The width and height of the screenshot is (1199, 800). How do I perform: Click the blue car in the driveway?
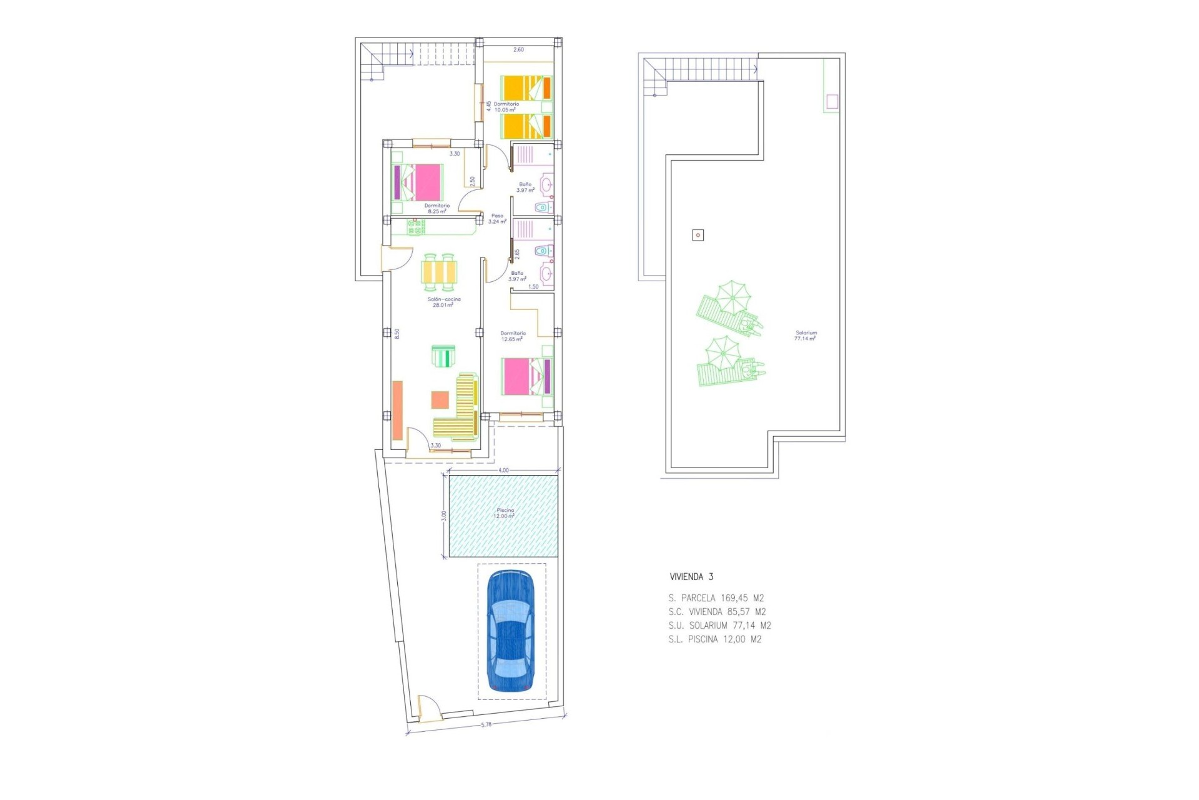coord(510,631)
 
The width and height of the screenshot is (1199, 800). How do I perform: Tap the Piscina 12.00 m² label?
coord(505,513)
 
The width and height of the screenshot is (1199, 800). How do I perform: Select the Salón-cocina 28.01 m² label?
coord(443,302)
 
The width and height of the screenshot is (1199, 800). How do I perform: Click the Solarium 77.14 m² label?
coord(806,336)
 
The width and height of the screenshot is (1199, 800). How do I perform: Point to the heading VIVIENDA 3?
coord(691,577)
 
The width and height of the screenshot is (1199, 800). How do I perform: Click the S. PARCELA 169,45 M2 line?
coord(716,598)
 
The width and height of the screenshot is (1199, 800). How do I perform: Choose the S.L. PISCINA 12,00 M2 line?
coord(714,639)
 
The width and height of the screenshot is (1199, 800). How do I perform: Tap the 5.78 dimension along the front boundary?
coord(486,725)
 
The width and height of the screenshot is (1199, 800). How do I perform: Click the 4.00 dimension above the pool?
coord(503,470)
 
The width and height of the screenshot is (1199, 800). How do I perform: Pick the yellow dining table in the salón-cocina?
coord(439,272)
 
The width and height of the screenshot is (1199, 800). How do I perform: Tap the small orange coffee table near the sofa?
coord(440,399)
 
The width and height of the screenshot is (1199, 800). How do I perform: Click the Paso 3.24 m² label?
coord(497,219)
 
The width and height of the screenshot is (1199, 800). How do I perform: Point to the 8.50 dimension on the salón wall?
coord(397,334)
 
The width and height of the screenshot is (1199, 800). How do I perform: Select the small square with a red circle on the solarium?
coord(698,235)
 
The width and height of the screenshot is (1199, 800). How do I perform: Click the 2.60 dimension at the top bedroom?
coord(518,50)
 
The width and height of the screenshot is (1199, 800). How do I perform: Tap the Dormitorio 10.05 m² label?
coord(506,107)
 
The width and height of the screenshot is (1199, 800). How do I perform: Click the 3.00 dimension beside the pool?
coord(444,516)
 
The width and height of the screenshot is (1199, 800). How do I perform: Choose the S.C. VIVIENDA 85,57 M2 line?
coord(717,612)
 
